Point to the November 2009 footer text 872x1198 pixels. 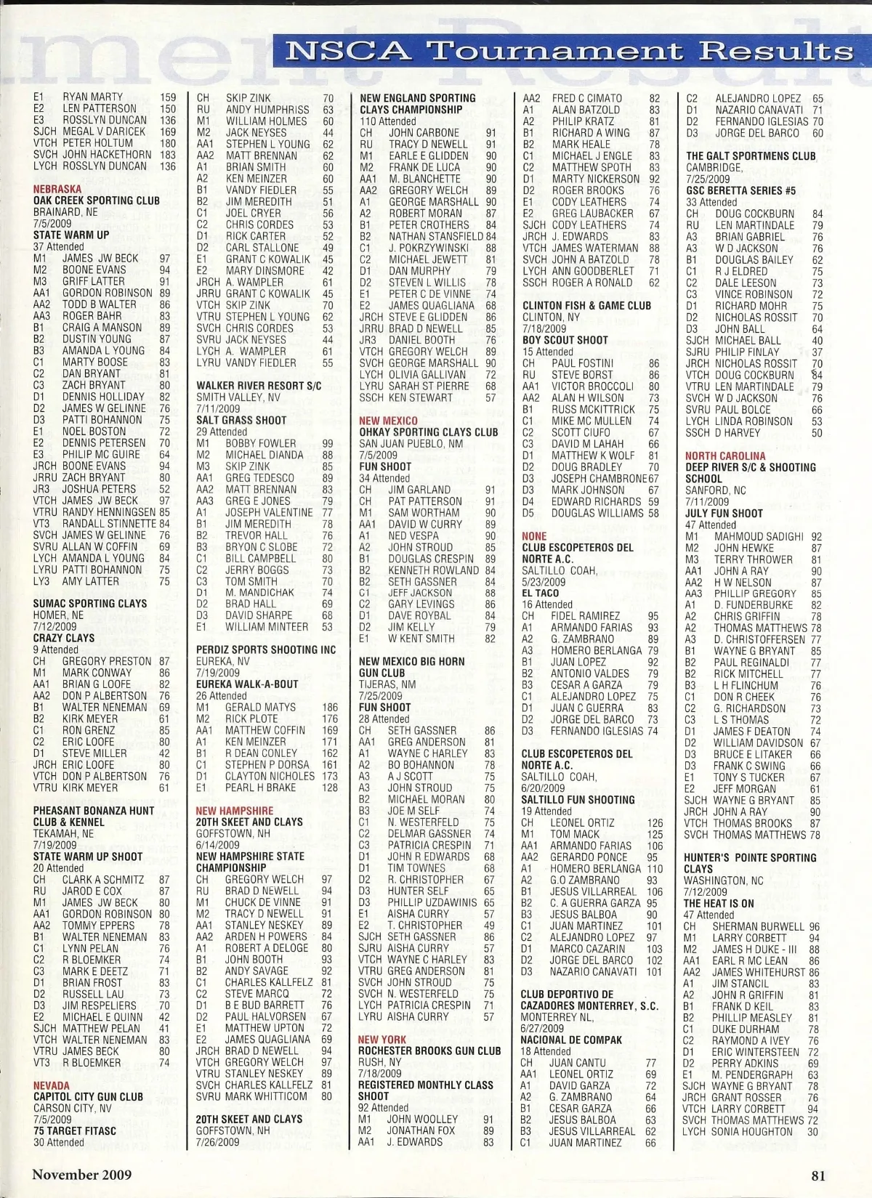coord(82,1174)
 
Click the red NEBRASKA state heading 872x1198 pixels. coord(57,189)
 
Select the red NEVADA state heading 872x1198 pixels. coord(52,1085)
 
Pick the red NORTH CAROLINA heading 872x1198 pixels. coord(724,456)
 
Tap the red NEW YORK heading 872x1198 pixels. coord(381,1040)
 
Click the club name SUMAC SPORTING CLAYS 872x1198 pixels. coord(90,603)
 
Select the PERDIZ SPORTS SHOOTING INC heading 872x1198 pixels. coord(266,649)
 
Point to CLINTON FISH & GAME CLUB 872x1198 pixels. coord(586,305)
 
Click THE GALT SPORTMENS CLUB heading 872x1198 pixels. coord(751,155)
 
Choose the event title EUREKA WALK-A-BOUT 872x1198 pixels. coord(247,684)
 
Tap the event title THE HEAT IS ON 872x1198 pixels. coord(719,903)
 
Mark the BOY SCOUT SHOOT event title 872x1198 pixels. coord(565,339)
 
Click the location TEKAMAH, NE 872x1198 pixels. coord(63,833)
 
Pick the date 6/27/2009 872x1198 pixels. coord(542,1028)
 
